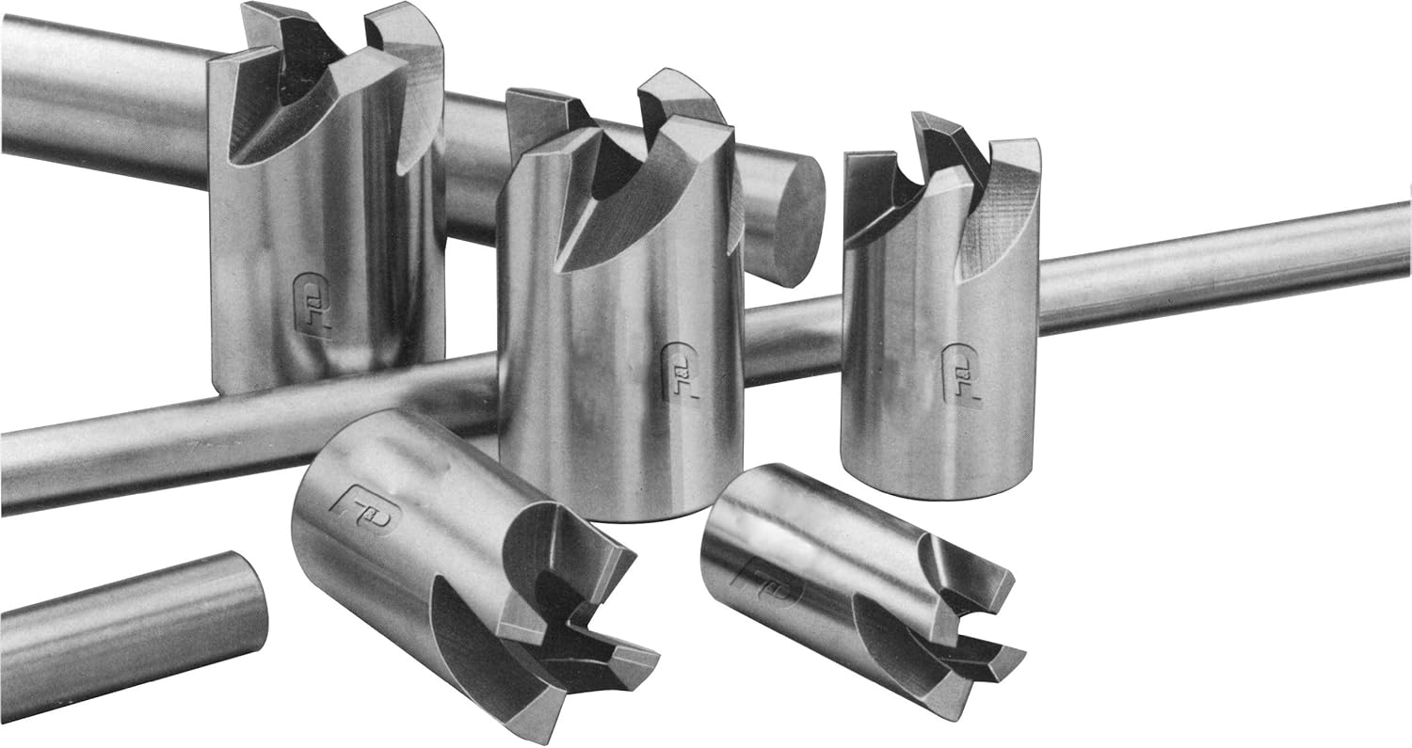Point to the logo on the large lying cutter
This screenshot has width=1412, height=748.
pos(365,506)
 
